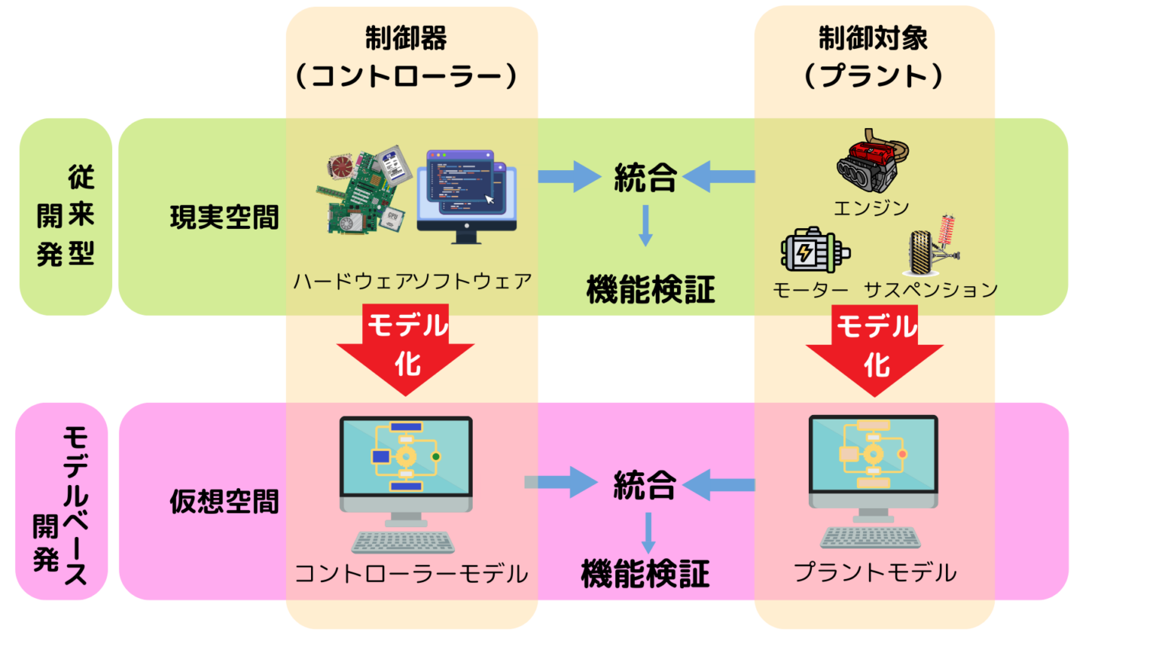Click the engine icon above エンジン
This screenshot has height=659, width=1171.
[872, 161]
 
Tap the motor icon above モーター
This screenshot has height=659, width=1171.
[814, 250]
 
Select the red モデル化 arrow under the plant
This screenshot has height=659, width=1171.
[875, 349]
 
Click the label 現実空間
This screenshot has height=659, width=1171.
[224, 218]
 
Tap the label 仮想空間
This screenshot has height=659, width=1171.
[224, 502]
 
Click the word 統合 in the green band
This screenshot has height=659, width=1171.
[645, 178]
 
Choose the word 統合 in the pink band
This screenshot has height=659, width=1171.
[645, 485]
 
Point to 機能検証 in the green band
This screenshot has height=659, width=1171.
[650, 291]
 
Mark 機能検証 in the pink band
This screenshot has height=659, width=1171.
[645, 574]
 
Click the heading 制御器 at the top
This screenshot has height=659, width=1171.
[406, 38]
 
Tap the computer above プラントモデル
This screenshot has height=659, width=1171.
[873, 481]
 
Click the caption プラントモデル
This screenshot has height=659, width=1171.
[874, 573]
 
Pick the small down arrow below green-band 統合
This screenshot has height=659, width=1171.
[646, 226]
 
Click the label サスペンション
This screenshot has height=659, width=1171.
[931, 291]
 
